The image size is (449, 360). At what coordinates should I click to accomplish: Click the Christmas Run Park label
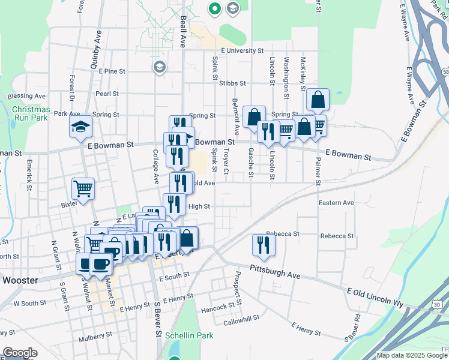[31, 113]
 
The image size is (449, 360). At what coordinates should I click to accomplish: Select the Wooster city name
[20, 280]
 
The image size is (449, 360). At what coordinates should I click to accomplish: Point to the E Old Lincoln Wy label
[375, 296]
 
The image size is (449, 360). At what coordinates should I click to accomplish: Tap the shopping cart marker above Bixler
[83, 188]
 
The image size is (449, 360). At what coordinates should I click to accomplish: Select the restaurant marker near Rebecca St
[263, 244]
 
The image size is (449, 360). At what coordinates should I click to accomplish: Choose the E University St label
[242, 51]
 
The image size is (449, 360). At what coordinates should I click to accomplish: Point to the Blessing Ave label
[27, 96]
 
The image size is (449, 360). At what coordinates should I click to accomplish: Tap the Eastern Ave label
[336, 203]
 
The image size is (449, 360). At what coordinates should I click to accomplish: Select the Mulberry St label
[95, 336]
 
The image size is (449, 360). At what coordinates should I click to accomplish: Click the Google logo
[20, 353]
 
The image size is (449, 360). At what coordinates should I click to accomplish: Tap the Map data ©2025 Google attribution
[412, 355]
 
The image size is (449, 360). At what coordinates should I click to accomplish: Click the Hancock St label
[218, 306]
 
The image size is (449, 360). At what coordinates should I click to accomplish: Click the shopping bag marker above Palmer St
[318, 100]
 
